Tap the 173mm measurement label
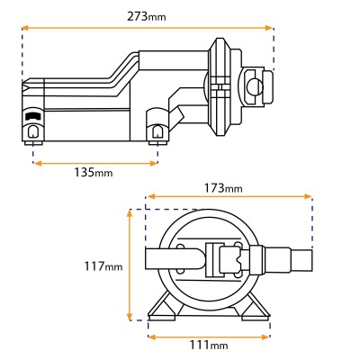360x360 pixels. [229, 187]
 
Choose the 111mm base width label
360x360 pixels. [208, 346]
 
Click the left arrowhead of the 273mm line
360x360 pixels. [24, 29]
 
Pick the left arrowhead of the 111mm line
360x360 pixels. [152, 337]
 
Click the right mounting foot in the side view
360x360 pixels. [157, 132]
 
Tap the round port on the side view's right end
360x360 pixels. [255, 86]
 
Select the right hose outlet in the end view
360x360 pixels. [288, 262]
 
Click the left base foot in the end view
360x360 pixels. [163, 310]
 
